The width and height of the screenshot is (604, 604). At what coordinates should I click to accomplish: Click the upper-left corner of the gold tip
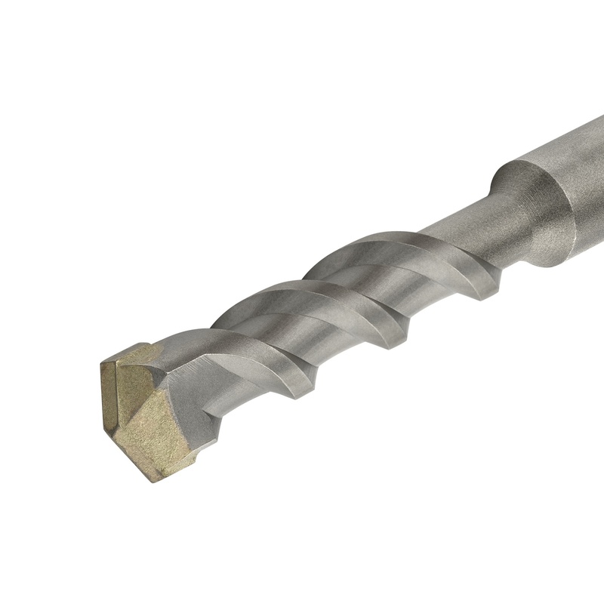(x=103, y=362)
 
